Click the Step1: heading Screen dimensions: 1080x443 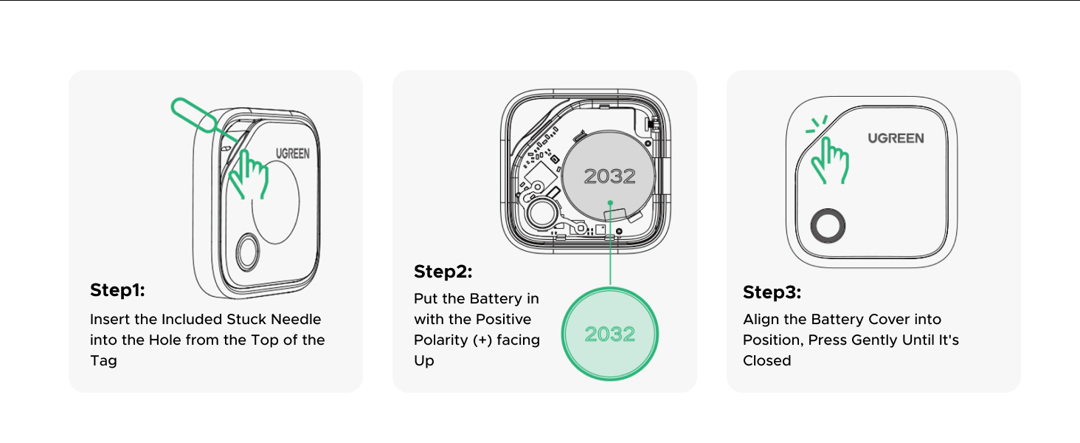click(117, 290)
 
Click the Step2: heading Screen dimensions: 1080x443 click(443, 272)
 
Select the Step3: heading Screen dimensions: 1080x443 click(772, 292)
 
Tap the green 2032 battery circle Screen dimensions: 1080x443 click(610, 334)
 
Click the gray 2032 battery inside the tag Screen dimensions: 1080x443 click(609, 176)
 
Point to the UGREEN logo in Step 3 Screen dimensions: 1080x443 click(896, 139)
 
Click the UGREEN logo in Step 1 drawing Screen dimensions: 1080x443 click(293, 154)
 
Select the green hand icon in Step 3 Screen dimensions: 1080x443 click(830, 161)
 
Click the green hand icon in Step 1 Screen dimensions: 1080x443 click(249, 175)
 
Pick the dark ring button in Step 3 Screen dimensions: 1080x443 click(828, 226)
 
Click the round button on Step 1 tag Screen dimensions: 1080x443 click(248, 252)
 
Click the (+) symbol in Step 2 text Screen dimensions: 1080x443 click(482, 340)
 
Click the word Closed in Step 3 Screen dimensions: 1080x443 click(767, 361)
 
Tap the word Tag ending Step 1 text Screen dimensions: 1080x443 click(104, 362)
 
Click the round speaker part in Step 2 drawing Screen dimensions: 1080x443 click(542, 213)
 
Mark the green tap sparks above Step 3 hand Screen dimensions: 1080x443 click(817, 124)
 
